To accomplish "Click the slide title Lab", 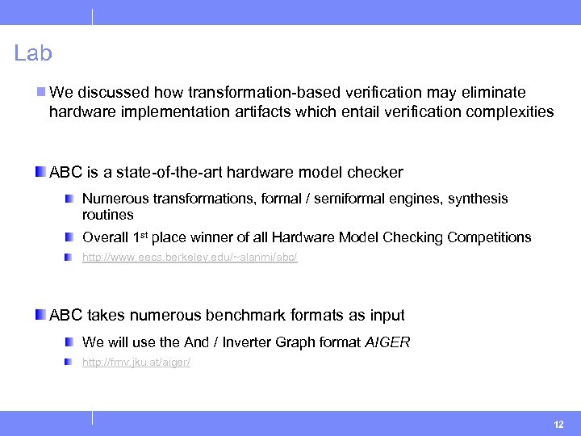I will pos(33,54).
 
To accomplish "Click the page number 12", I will pos(559,425).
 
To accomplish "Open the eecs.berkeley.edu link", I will pos(190,258).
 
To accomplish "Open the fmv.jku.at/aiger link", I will pos(136,363).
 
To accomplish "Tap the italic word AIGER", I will pos(387,342).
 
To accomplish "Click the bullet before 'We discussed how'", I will pos(41,93).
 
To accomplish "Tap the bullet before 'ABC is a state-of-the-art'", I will pos(41,172).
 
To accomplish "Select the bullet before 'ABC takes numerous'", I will pos(41,315).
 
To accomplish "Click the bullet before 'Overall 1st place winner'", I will pos(72,237).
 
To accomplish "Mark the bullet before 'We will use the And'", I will pos(72,342).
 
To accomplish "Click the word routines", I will pos(108,216).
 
